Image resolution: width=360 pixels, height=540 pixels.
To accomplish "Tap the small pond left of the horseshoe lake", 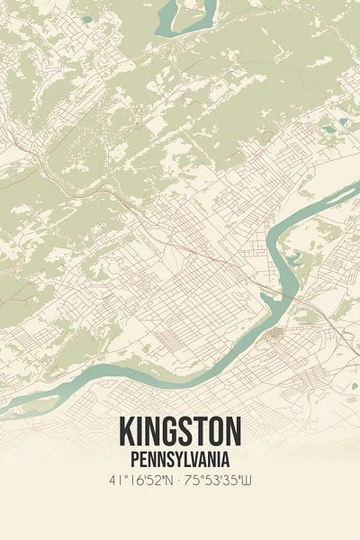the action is click(x=86, y=19).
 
